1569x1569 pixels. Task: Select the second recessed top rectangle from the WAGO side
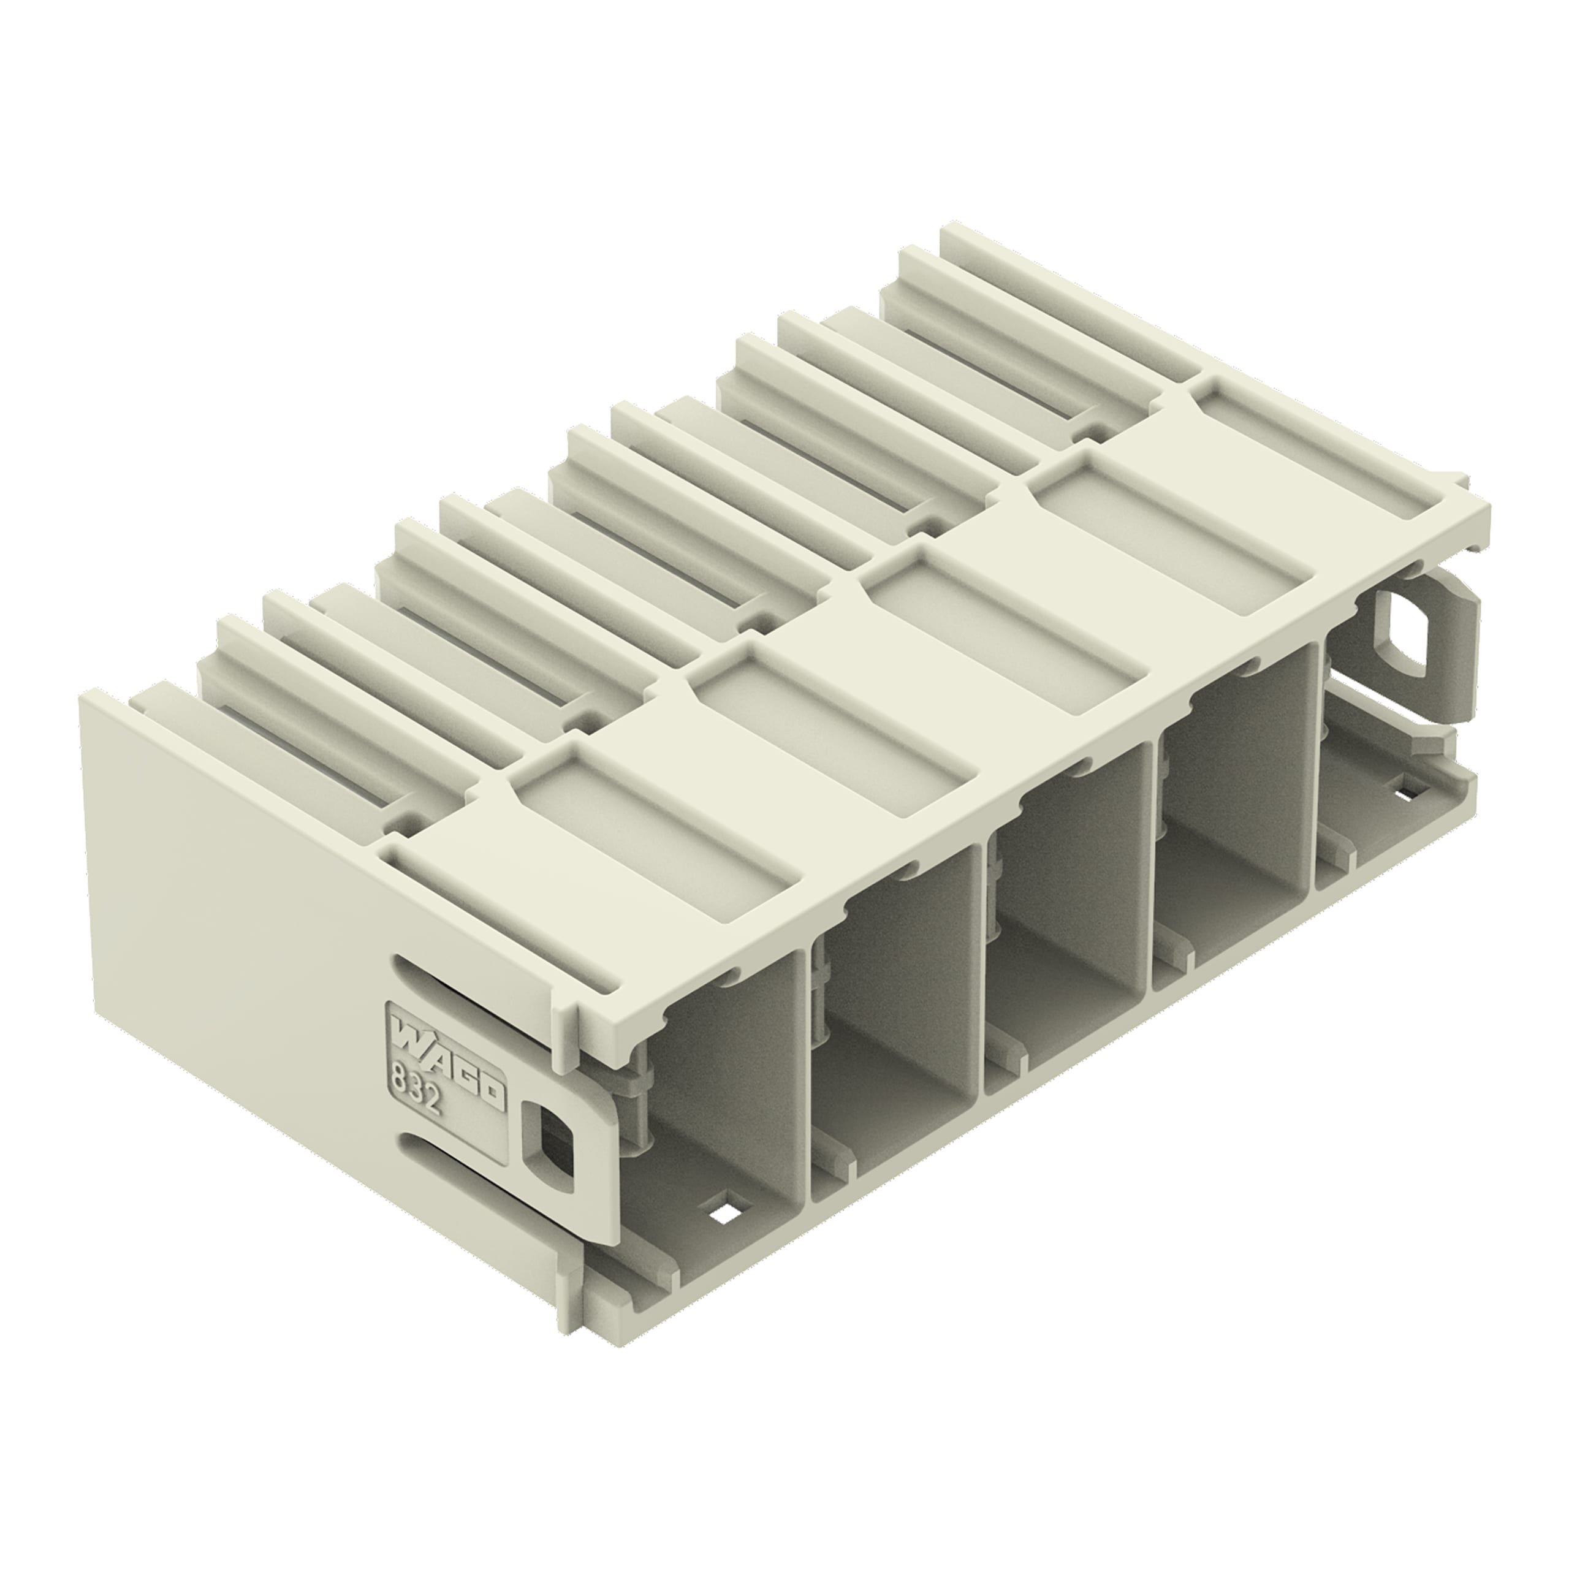point(832,715)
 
